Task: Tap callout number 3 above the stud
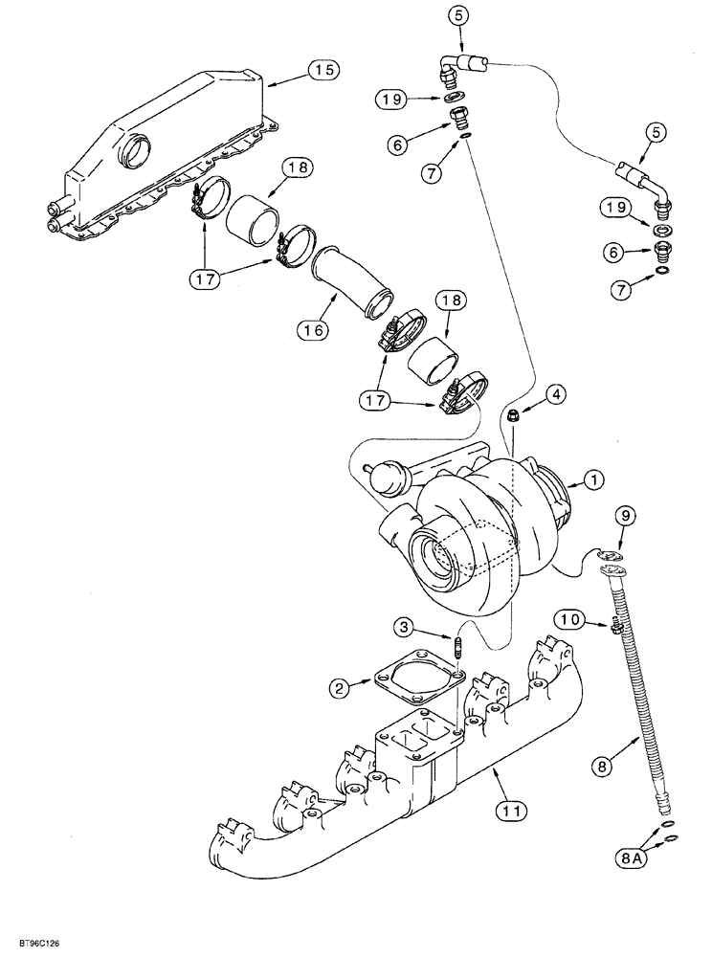405,627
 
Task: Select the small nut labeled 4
515,414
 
